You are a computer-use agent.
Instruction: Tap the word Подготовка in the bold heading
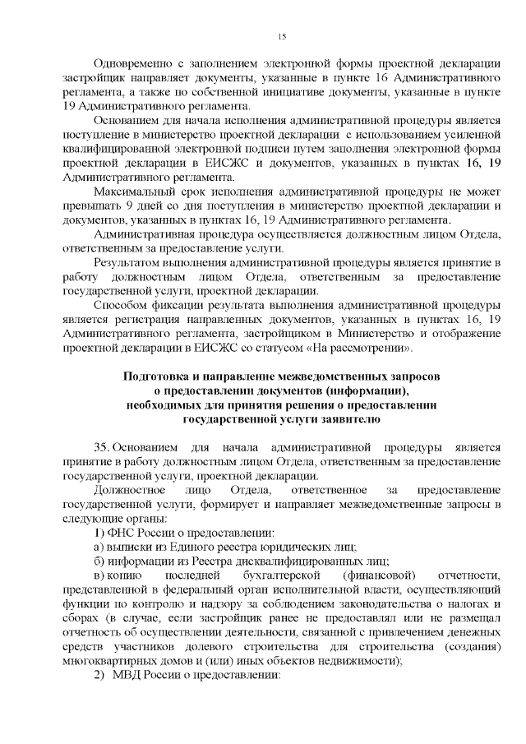coord(155,376)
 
